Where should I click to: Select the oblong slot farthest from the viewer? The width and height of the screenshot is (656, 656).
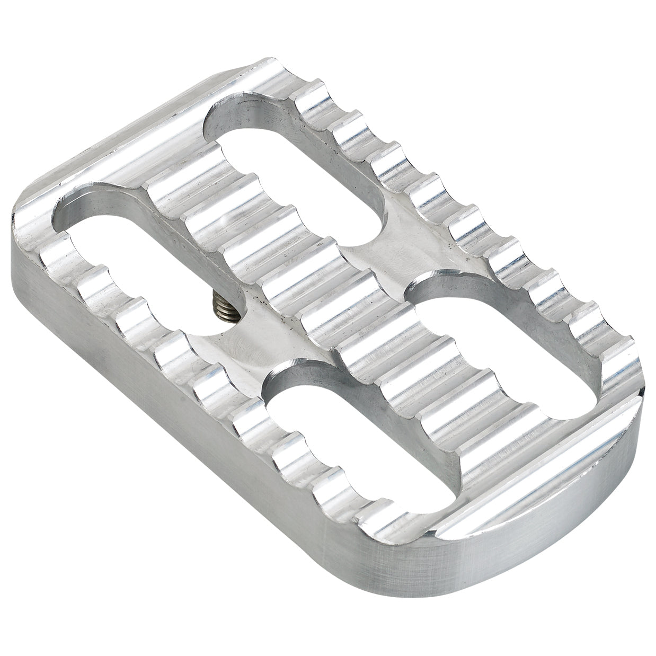point(297,159)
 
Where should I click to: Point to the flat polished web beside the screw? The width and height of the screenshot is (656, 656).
point(249,339)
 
